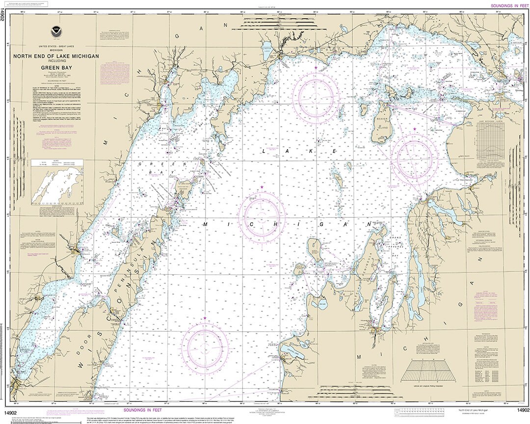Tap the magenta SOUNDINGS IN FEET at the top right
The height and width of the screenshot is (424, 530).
507,5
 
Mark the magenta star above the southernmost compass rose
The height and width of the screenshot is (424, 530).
205,319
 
